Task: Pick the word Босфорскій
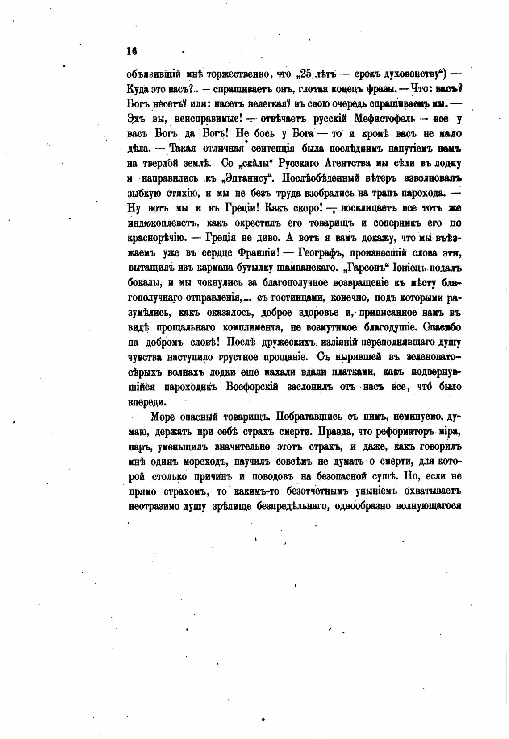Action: pos(252,386)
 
